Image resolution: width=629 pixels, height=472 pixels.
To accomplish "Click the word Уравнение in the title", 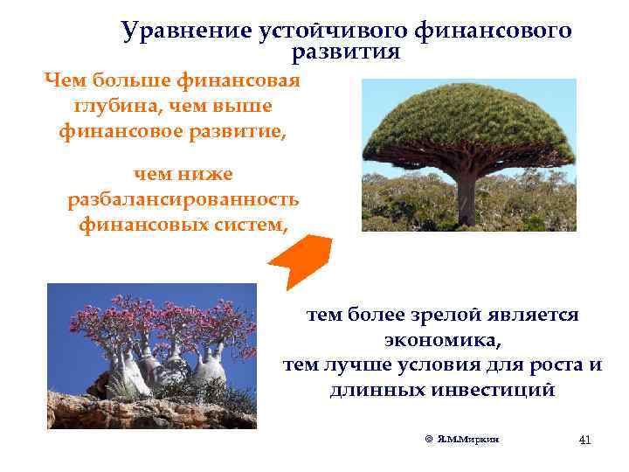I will pos(184,31).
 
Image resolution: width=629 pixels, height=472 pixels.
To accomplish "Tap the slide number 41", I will pos(584,439).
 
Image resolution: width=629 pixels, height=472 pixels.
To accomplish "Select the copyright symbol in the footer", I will pos(429,439).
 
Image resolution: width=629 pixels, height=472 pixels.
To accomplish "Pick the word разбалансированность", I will pos(183,200).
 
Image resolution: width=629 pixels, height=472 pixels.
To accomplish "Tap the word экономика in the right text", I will pos(442,338).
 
